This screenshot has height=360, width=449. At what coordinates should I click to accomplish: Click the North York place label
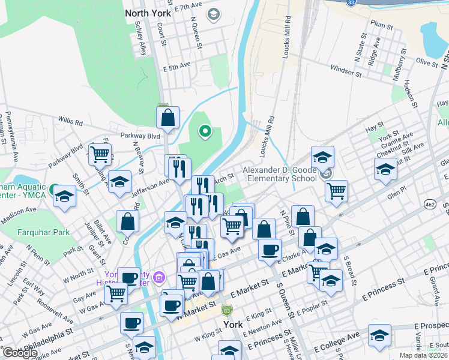148,13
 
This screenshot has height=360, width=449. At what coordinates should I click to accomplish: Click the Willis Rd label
71,121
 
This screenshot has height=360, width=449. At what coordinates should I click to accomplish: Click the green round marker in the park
205,130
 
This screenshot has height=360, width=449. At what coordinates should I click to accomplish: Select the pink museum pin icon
158,277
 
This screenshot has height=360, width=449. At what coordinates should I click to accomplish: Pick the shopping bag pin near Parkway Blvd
167,118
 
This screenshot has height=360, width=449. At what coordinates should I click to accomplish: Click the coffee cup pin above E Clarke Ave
270,249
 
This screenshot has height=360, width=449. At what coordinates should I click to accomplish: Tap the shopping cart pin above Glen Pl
337,191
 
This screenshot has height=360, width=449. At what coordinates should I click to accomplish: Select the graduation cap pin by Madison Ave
63,197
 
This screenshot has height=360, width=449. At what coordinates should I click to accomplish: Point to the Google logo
20,353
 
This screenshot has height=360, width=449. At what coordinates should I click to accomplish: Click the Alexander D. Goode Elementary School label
280,174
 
